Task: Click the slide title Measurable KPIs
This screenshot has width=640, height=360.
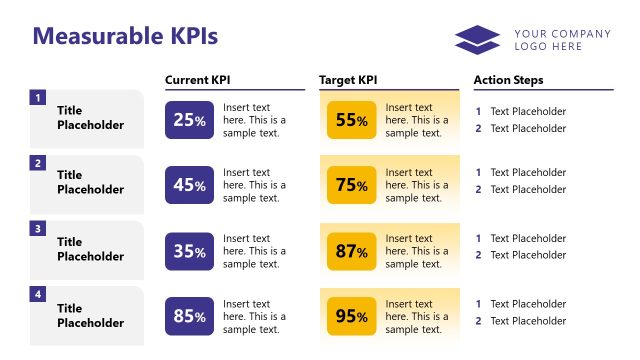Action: point(125,36)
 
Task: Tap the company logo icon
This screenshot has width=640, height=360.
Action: point(477,40)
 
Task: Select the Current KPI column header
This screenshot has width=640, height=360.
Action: point(205,80)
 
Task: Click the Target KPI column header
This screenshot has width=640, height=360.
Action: point(348,80)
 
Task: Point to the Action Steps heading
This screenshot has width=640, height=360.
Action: point(508,80)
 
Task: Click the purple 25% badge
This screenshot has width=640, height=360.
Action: point(189,120)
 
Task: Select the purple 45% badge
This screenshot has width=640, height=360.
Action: point(189,185)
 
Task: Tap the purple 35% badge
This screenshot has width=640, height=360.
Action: point(189,251)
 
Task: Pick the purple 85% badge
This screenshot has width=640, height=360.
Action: point(189,317)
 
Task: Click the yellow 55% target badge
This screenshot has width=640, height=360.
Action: point(351,120)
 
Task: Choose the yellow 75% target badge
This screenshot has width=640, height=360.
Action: point(351,185)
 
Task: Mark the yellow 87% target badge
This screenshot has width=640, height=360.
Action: point(351,251)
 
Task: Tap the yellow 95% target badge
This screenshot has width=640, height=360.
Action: point(351,317)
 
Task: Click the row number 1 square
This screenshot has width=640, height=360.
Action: point(38,98)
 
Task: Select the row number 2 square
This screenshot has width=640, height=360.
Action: point(38,163)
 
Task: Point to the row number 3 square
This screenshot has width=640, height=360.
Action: point(38,229)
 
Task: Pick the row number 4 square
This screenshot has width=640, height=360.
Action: point(38,295)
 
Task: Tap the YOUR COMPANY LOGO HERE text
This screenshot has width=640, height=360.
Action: point(562,40)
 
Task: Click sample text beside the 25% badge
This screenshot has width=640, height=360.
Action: point(254,120)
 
